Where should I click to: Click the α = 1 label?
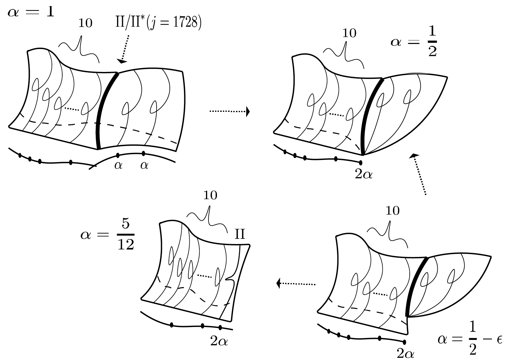pyautogui.click(x=31, y=12)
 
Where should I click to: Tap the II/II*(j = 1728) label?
pyautogui.click(x=158, y=23)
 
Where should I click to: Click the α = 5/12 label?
pyautogui.click(x=108, y=235)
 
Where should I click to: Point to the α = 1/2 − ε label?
pyautogui.click(x=470, y=339)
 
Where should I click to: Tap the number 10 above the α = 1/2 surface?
pyautogui.click(x=349, y=33)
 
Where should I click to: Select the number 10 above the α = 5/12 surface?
pyautogui.click(x=210, y=195)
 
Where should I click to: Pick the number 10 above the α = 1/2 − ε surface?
pyautogui.click(x=392, y=211)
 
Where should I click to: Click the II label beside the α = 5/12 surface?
pyautogui.click(x=240, y=234)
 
